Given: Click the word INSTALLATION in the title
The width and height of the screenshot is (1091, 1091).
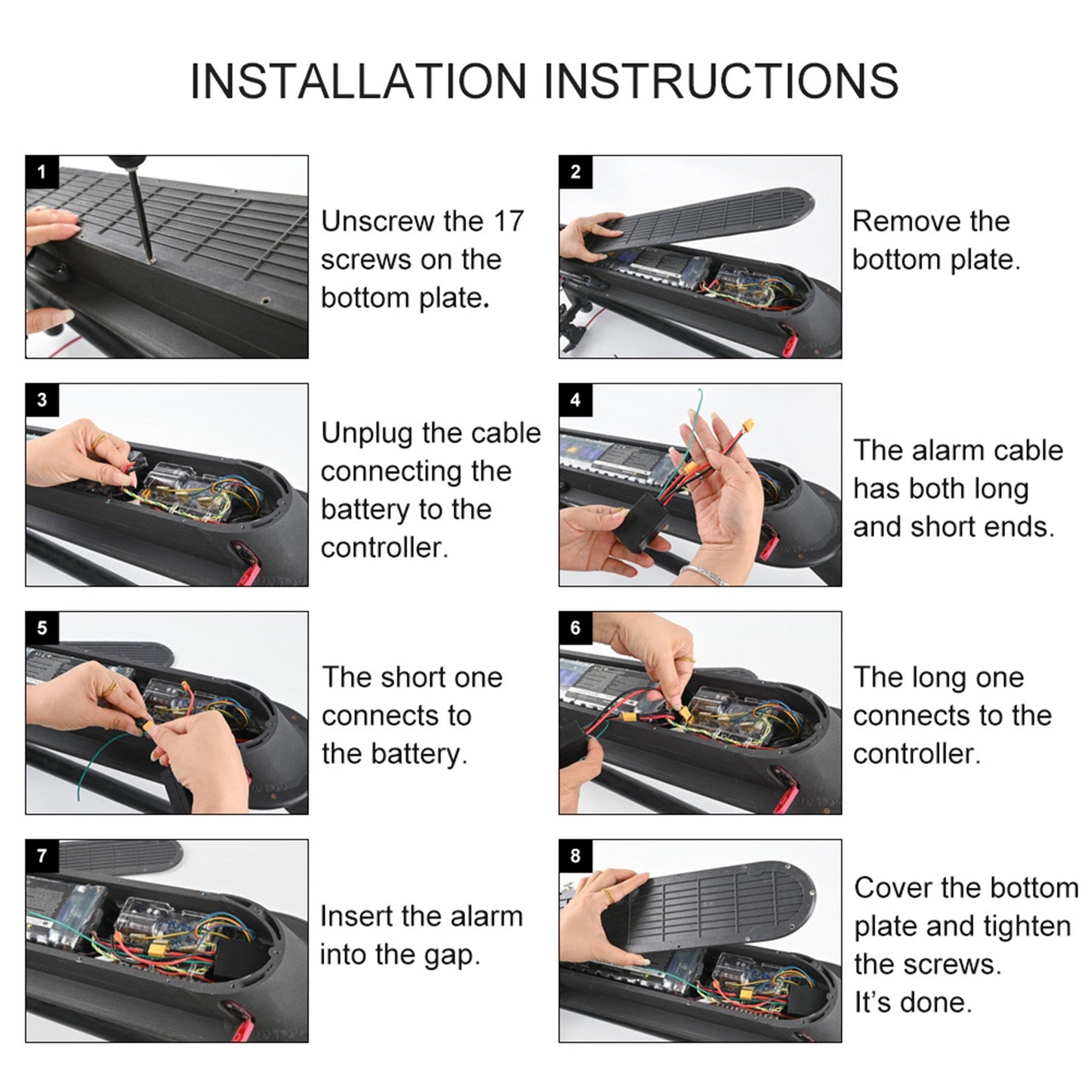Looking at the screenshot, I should pyautogui.click(x=358, y=81).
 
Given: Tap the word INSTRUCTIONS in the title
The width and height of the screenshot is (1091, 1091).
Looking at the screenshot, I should pyautogui.click(x=721, y=81).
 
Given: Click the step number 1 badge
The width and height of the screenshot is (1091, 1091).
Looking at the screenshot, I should pyautogui.click(x=42, y=172).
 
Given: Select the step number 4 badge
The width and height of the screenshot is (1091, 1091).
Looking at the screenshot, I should pyautogui.click(x=575, y=400).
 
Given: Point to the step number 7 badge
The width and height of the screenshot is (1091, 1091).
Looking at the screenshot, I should pyautogui.click(x=42, y=856).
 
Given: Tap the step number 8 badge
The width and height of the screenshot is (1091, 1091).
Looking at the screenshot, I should pyautogui.click(x=575, y=856).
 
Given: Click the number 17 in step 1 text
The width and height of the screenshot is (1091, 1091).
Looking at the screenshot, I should pyautogui.click(x=508, y=221).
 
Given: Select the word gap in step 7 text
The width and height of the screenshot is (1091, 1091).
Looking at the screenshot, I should pyautogui.click(x=452, y=955).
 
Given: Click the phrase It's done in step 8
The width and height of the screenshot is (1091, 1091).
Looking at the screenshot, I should pyautogui.click(x=912, y=1003).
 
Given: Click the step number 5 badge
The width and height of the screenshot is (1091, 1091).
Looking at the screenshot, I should pyautogui.click(x=42, y=628).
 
